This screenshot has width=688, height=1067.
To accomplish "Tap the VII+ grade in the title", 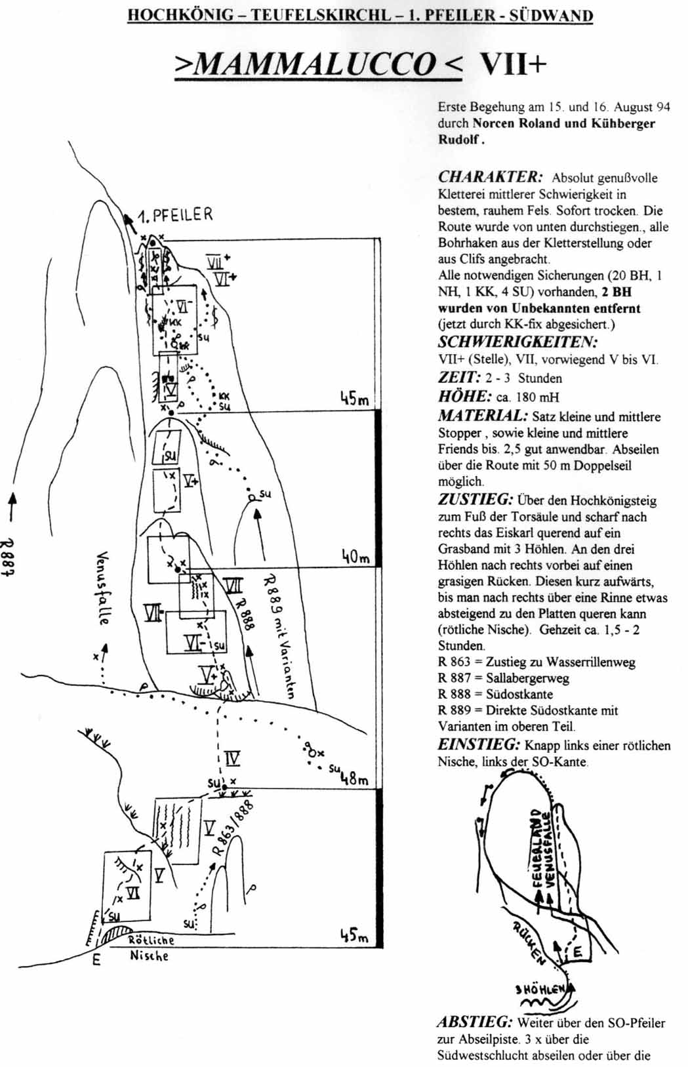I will tap(513, 64).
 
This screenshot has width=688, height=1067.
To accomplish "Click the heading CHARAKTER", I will tap(490, 177).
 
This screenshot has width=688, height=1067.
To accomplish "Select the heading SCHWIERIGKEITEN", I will tap(517, 342).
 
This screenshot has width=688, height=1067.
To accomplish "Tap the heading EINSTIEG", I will tap(479, 744).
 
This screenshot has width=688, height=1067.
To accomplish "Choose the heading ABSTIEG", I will tap(475, 1022).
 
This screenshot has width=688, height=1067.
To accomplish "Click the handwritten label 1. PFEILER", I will tap(175, 215).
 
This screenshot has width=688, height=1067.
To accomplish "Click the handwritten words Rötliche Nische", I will tap(150, 948).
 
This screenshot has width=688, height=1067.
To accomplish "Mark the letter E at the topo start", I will tap(96, 961).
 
